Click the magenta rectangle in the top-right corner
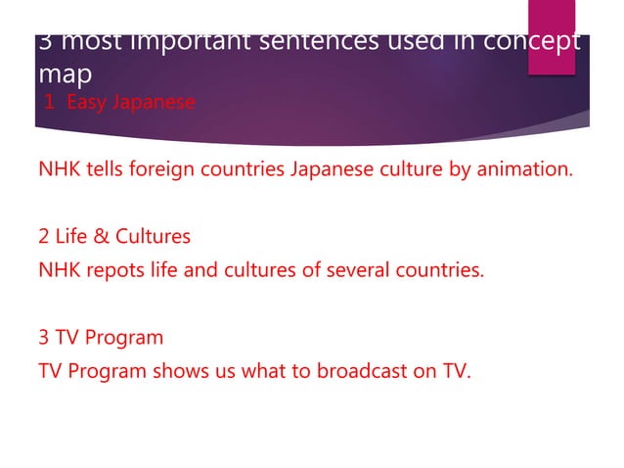tap(551, 35)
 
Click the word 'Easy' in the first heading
tap(85, 102)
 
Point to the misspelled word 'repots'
tap(111, 270)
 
